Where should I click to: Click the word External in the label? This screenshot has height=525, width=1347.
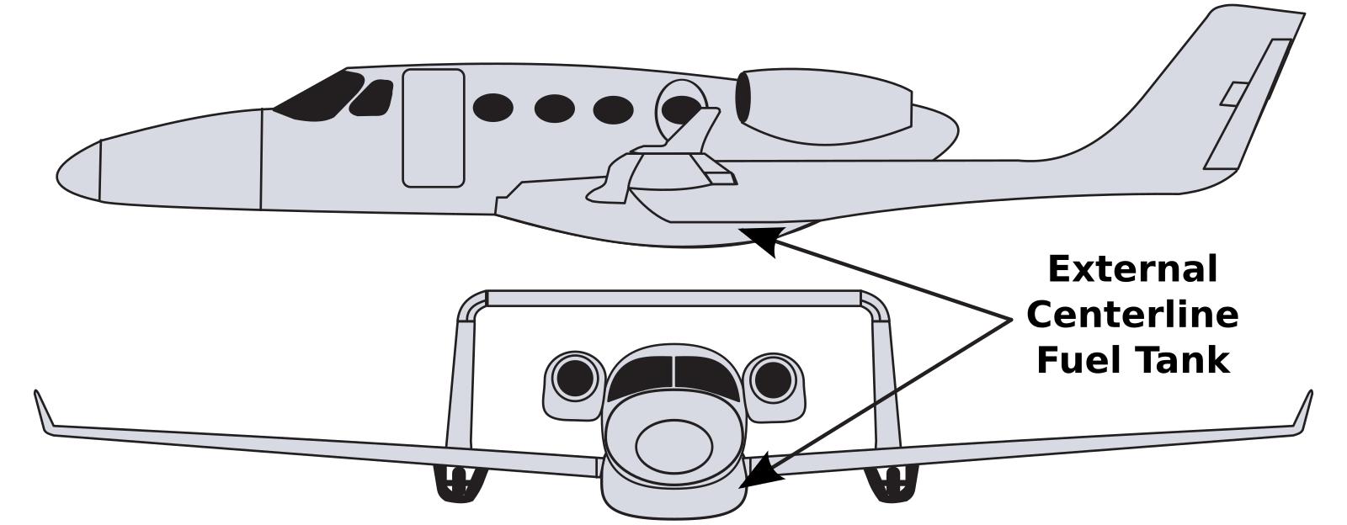coord(1133,268)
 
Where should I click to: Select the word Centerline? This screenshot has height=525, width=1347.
coord(1132,315)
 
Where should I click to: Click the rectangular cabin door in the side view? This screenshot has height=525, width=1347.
coord(433,128)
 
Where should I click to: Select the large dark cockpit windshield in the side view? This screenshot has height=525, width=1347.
coord(319,95)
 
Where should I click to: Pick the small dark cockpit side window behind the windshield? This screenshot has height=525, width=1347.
coord(371,98)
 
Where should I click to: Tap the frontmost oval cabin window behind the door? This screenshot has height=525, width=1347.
coord(493,108)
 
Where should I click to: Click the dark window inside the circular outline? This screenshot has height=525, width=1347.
coord(681,109)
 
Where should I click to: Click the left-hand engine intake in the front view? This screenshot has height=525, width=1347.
coord(575,379)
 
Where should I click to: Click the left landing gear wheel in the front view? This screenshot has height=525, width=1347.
coord(458,484)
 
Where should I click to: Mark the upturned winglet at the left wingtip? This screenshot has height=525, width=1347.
coord(43,412)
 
